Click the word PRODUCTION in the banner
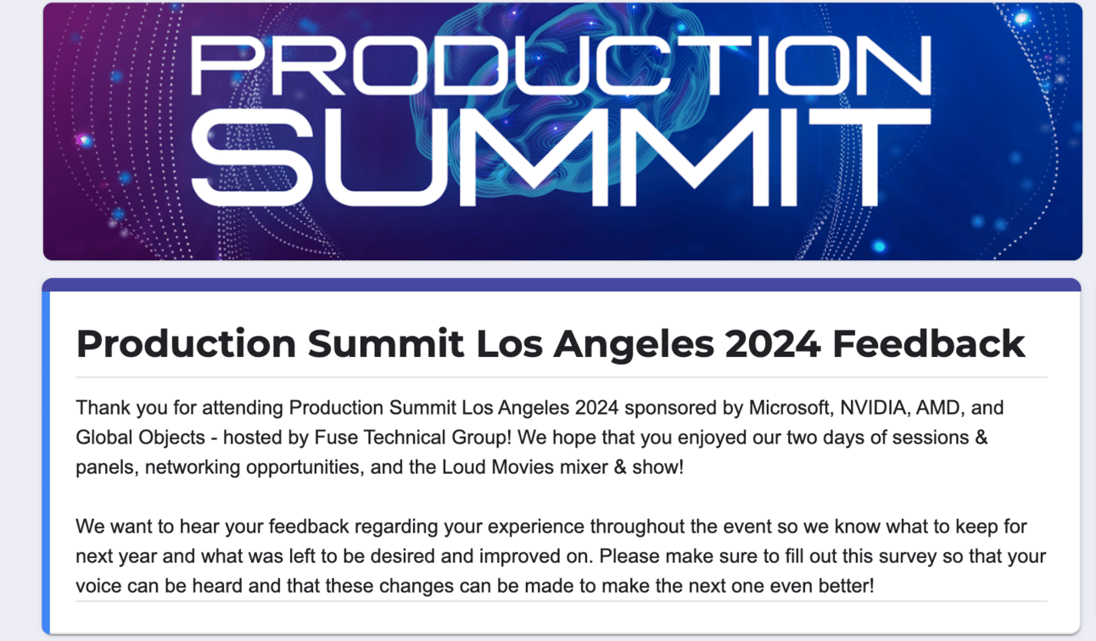(x=561, y=65)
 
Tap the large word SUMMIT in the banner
(x=561, y=158)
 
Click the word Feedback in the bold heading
(x=929, y=343)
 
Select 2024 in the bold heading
(x=773, y=343)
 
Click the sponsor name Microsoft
(x=791, y=408)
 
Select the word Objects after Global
(x=171, y=438)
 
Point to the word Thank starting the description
(x=103, y=407)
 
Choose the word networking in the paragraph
(x=193, y=468)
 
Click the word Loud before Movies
(x=463, y=467)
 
